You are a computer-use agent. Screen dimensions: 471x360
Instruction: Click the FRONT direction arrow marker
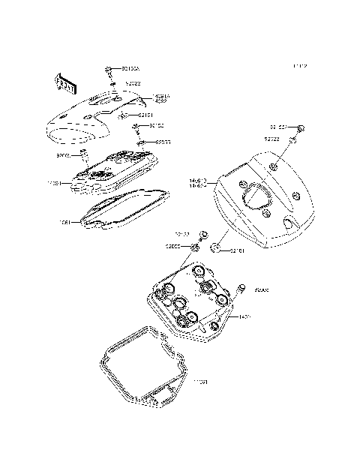(x=64, y=83)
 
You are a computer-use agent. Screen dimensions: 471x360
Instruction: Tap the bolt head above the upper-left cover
(x=109, y=69)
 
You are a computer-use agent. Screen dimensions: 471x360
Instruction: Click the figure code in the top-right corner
(x=300, y=67)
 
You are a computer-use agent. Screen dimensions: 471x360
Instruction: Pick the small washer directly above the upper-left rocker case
(x=139, y=140)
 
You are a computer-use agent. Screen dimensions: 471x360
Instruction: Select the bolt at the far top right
(x=301, y=128)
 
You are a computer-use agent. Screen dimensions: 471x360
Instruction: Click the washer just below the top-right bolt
(x=295, y=140)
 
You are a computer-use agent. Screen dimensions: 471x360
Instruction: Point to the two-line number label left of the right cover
(x=199, y=182)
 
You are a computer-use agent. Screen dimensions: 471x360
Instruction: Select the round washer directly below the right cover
(x=215, y=247)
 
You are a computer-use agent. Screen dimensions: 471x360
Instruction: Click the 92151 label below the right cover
(x=238, y=250)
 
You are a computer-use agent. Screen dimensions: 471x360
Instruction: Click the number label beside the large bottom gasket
(x=200, y=383)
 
